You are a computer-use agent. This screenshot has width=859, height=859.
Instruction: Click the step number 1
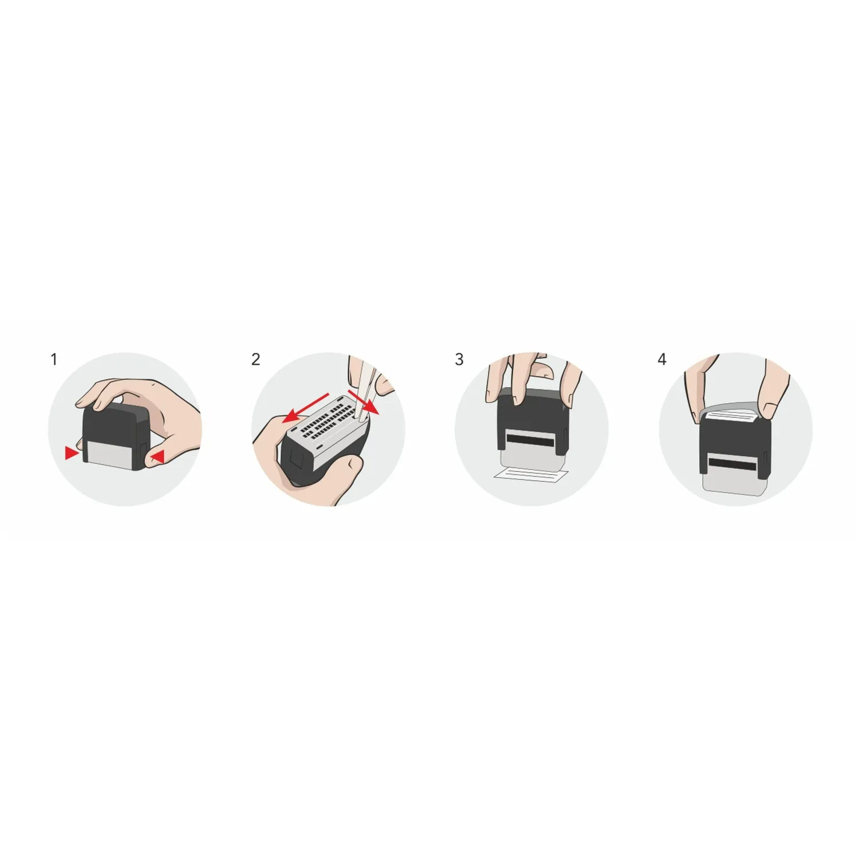coord(54,360)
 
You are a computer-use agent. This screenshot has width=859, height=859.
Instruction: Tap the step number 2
coord(255,360)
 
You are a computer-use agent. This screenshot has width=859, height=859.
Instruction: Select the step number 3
coord(459,360)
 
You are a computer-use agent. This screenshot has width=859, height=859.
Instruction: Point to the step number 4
coord(662,360)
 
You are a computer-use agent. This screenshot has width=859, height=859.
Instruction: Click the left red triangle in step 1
coord(71,454)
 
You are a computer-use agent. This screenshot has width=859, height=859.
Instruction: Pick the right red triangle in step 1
coord(157,456)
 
